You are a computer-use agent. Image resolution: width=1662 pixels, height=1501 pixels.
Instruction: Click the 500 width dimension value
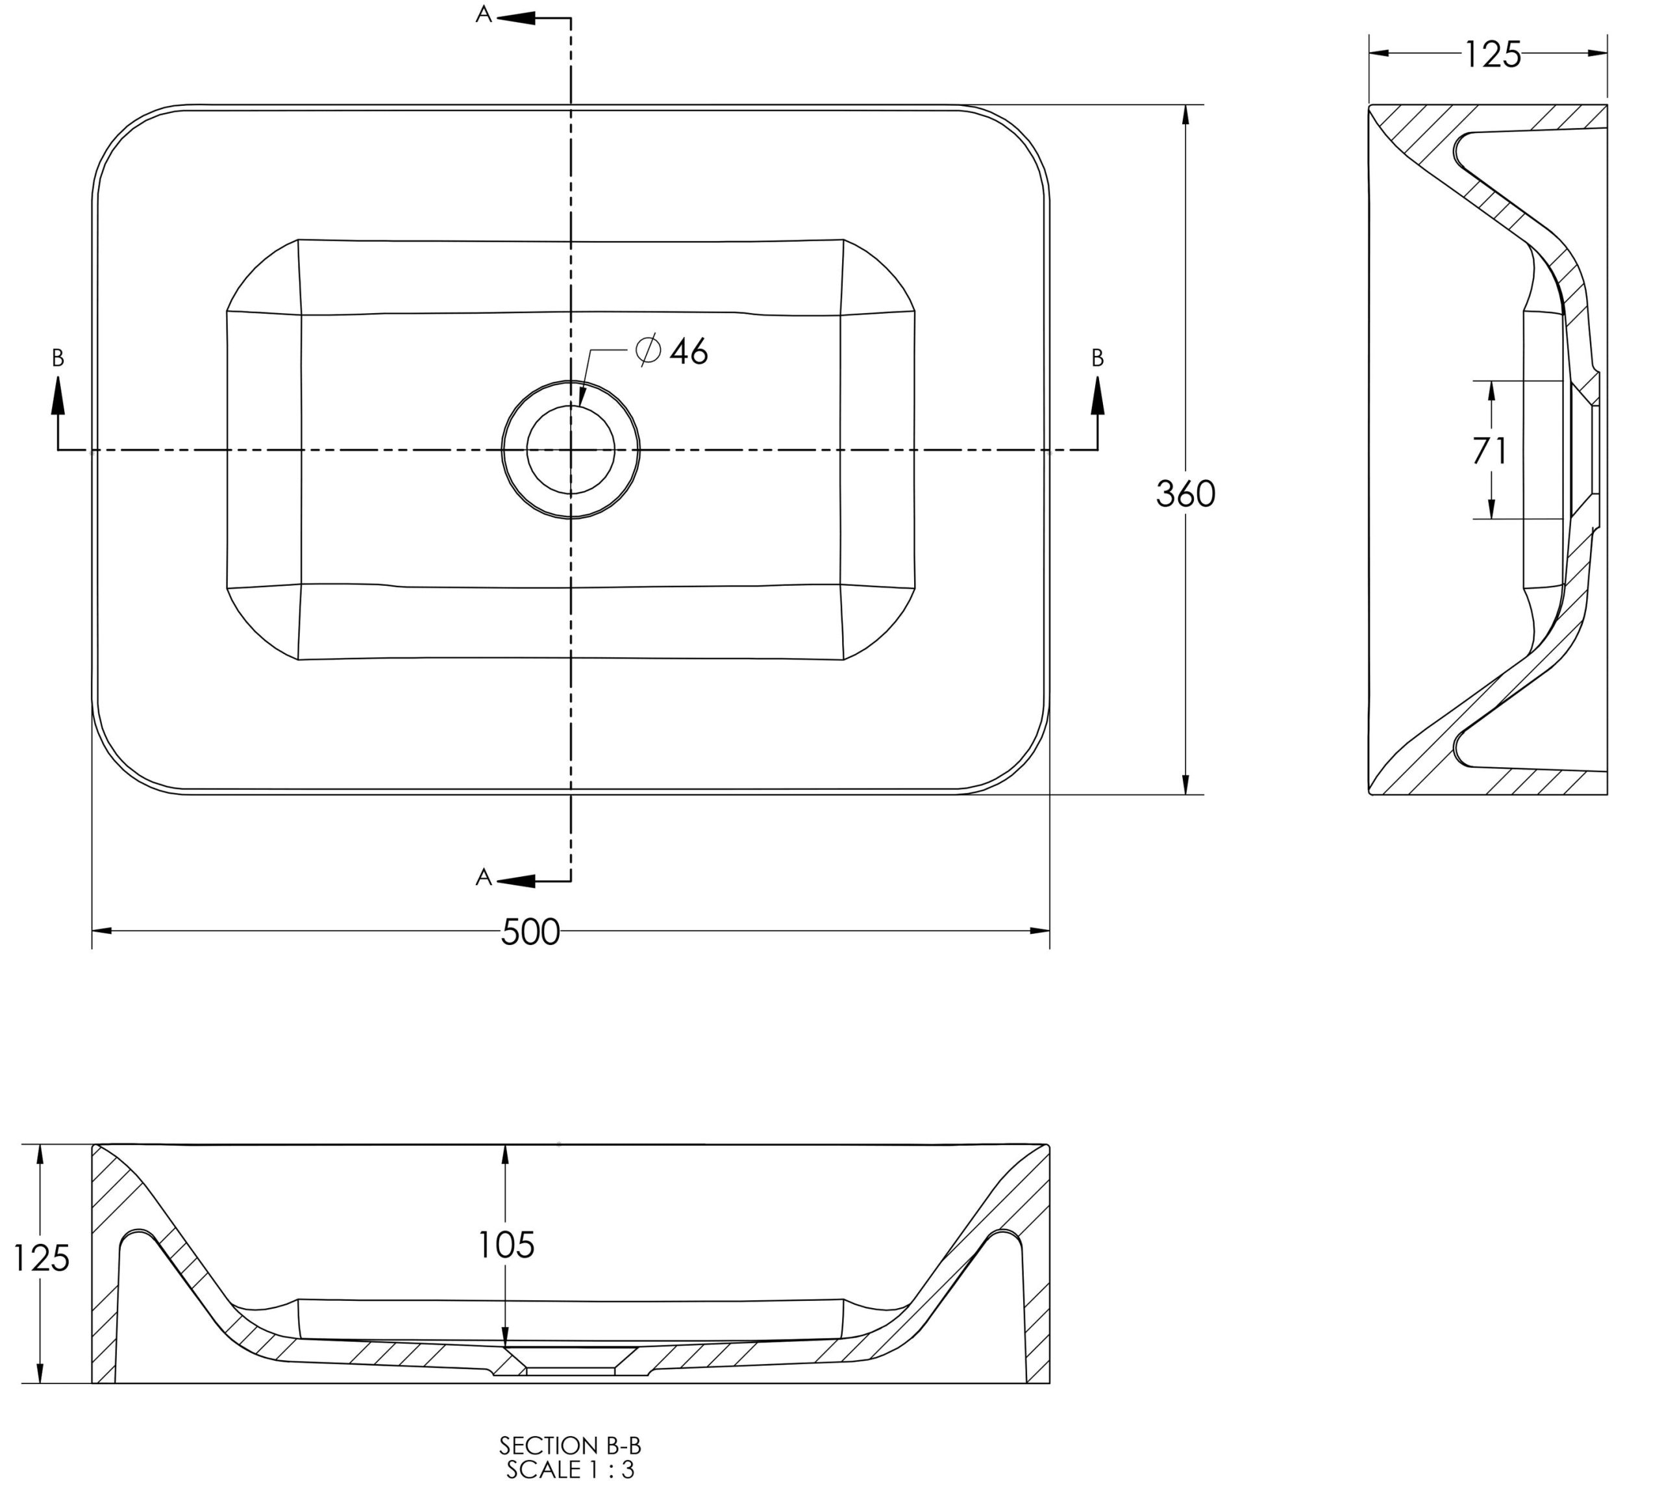pos(530,932)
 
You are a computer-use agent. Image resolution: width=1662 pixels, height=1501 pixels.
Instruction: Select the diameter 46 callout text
pos(672,351)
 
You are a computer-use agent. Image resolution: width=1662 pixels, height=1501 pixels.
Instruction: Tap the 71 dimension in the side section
pos(1490,450)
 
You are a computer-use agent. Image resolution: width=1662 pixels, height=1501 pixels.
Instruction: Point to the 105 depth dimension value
pos(506,1244)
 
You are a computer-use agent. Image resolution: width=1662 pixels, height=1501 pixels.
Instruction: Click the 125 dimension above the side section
pos(1492,55)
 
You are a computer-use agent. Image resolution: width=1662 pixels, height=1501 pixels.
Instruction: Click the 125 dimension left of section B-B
pos(41,1259)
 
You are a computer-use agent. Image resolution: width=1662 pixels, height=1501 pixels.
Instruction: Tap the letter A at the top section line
pos(484,15)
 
